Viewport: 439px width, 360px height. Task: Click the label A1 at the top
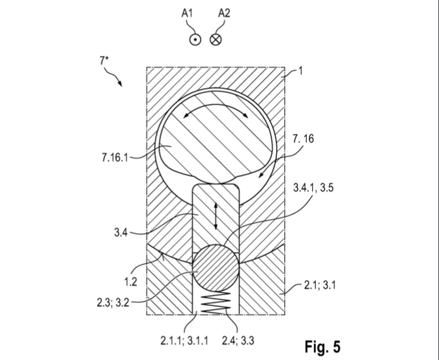click(187, 13)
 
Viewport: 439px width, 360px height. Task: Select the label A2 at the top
click(224, 13)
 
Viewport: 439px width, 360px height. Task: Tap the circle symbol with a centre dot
click(195, 40)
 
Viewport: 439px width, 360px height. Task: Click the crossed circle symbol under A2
click(215, 40)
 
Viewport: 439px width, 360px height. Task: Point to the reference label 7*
click(104, 60)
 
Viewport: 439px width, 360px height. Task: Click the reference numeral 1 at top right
click(300, 71)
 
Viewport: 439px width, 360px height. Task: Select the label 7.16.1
click(115, 158)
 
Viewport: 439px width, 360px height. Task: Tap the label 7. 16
click(303, 139)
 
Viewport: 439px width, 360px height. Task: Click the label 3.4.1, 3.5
click(314, 187)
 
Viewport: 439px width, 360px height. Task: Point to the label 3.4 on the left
click(121, 232)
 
